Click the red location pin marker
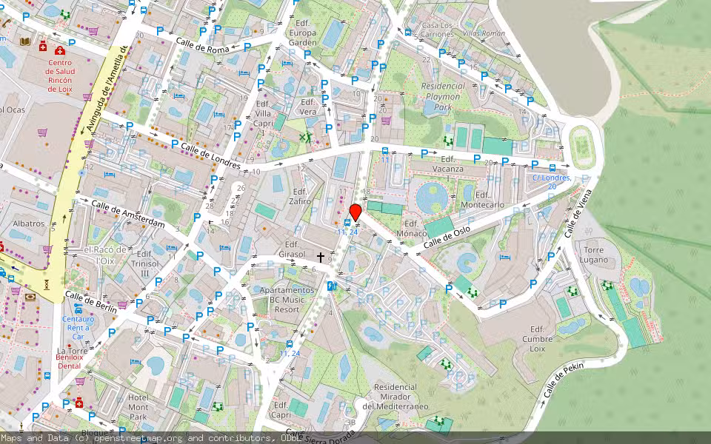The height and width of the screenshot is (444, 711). pyautogui.click(x=355, y=212)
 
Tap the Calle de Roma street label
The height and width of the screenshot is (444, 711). pyautogui.click(x=203, y=44)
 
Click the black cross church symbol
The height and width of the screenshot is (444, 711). pyautogui.click(x=321, y=258)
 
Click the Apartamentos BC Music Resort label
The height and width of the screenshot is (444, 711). pyautogui.click(x=281, y=300)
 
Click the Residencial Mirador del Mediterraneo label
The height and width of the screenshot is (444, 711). pyautogui.click(x=395, y=397)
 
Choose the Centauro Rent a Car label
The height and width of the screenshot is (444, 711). pyautogui.click(x=78, y=326)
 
